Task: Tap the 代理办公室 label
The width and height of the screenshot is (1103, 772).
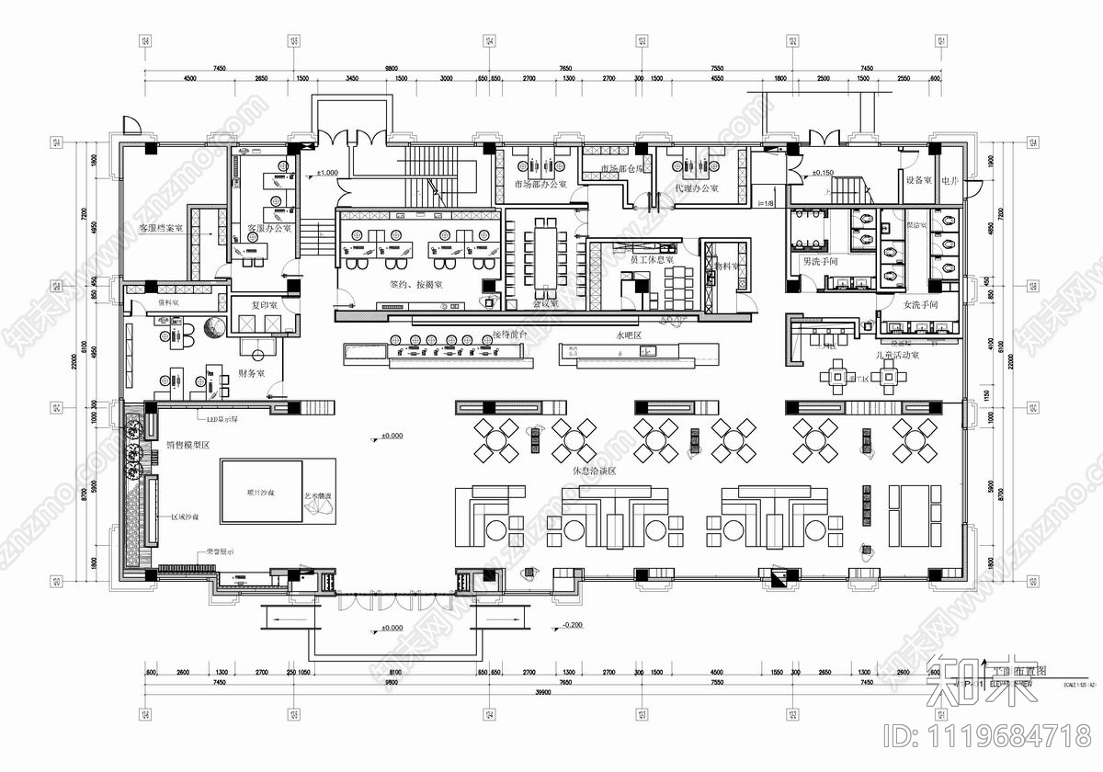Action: pyautogui.click(x=696, y=188)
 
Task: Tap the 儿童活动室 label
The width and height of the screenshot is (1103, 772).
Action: pyautogui.click(x=896, y=354)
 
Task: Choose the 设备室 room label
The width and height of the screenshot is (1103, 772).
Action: pyautogui.click(x=918, y=181)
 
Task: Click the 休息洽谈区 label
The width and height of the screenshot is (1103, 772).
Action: pyautogui.click(x=593, y=471)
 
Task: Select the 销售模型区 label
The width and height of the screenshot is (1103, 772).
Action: pyautogui.click(x=188, y=446)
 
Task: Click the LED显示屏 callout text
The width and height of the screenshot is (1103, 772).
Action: pyautogui.click(x=222, y=420)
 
